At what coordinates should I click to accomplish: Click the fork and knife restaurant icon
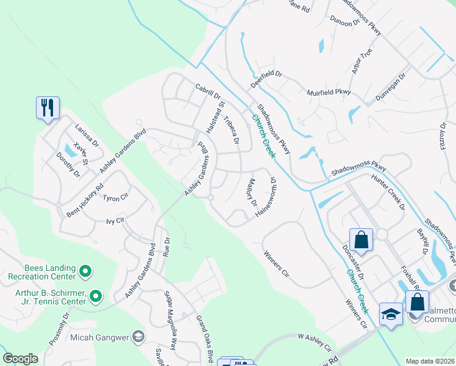coord(47,108)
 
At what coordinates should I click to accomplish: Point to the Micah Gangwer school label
coord(100,337)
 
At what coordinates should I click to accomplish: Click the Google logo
coord(20,359)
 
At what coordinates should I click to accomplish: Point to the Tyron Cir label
coord(115,198)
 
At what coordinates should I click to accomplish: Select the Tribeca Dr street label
coord(231,131)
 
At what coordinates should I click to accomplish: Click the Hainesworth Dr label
coord(271,192)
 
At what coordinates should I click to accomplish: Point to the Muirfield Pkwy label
coord(329,92)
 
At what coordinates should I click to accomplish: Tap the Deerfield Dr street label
coord(266,78)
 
